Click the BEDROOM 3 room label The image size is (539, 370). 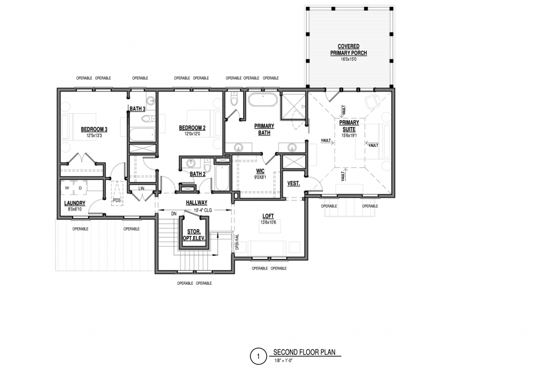pos(94,129)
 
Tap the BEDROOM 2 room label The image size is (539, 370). pos(192,128)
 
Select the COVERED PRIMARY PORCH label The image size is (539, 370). pos(348,49)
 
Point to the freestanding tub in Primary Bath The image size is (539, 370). pos(262,100)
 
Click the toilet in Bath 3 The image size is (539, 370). pos(147,119)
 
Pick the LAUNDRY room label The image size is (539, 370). pos(75,204)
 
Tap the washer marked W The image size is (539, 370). pos(67,188)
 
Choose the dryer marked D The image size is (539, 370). pos(81,188)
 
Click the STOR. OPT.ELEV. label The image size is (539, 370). pos(194,235)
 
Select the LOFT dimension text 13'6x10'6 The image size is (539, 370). pos(268,223)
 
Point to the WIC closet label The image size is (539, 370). pos(260,171)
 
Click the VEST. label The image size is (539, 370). pos(293,184)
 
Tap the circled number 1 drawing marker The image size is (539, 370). pos(258,356)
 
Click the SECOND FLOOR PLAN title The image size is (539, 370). pos(304,352)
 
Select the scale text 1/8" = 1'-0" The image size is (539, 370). pos(283,361)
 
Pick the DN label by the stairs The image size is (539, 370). pos(174,214)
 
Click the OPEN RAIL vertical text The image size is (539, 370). pos(237,243)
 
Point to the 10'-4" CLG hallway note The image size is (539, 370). pos(203,210)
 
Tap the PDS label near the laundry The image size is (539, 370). pos(117,200)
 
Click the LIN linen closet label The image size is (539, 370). pos(141,188)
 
